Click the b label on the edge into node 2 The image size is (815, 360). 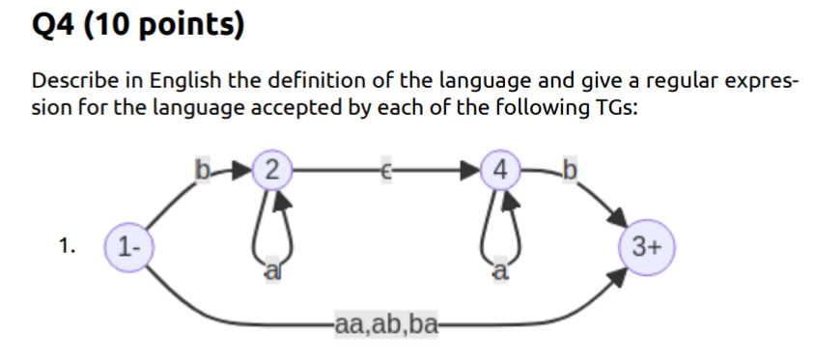click(x=203, y=174)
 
